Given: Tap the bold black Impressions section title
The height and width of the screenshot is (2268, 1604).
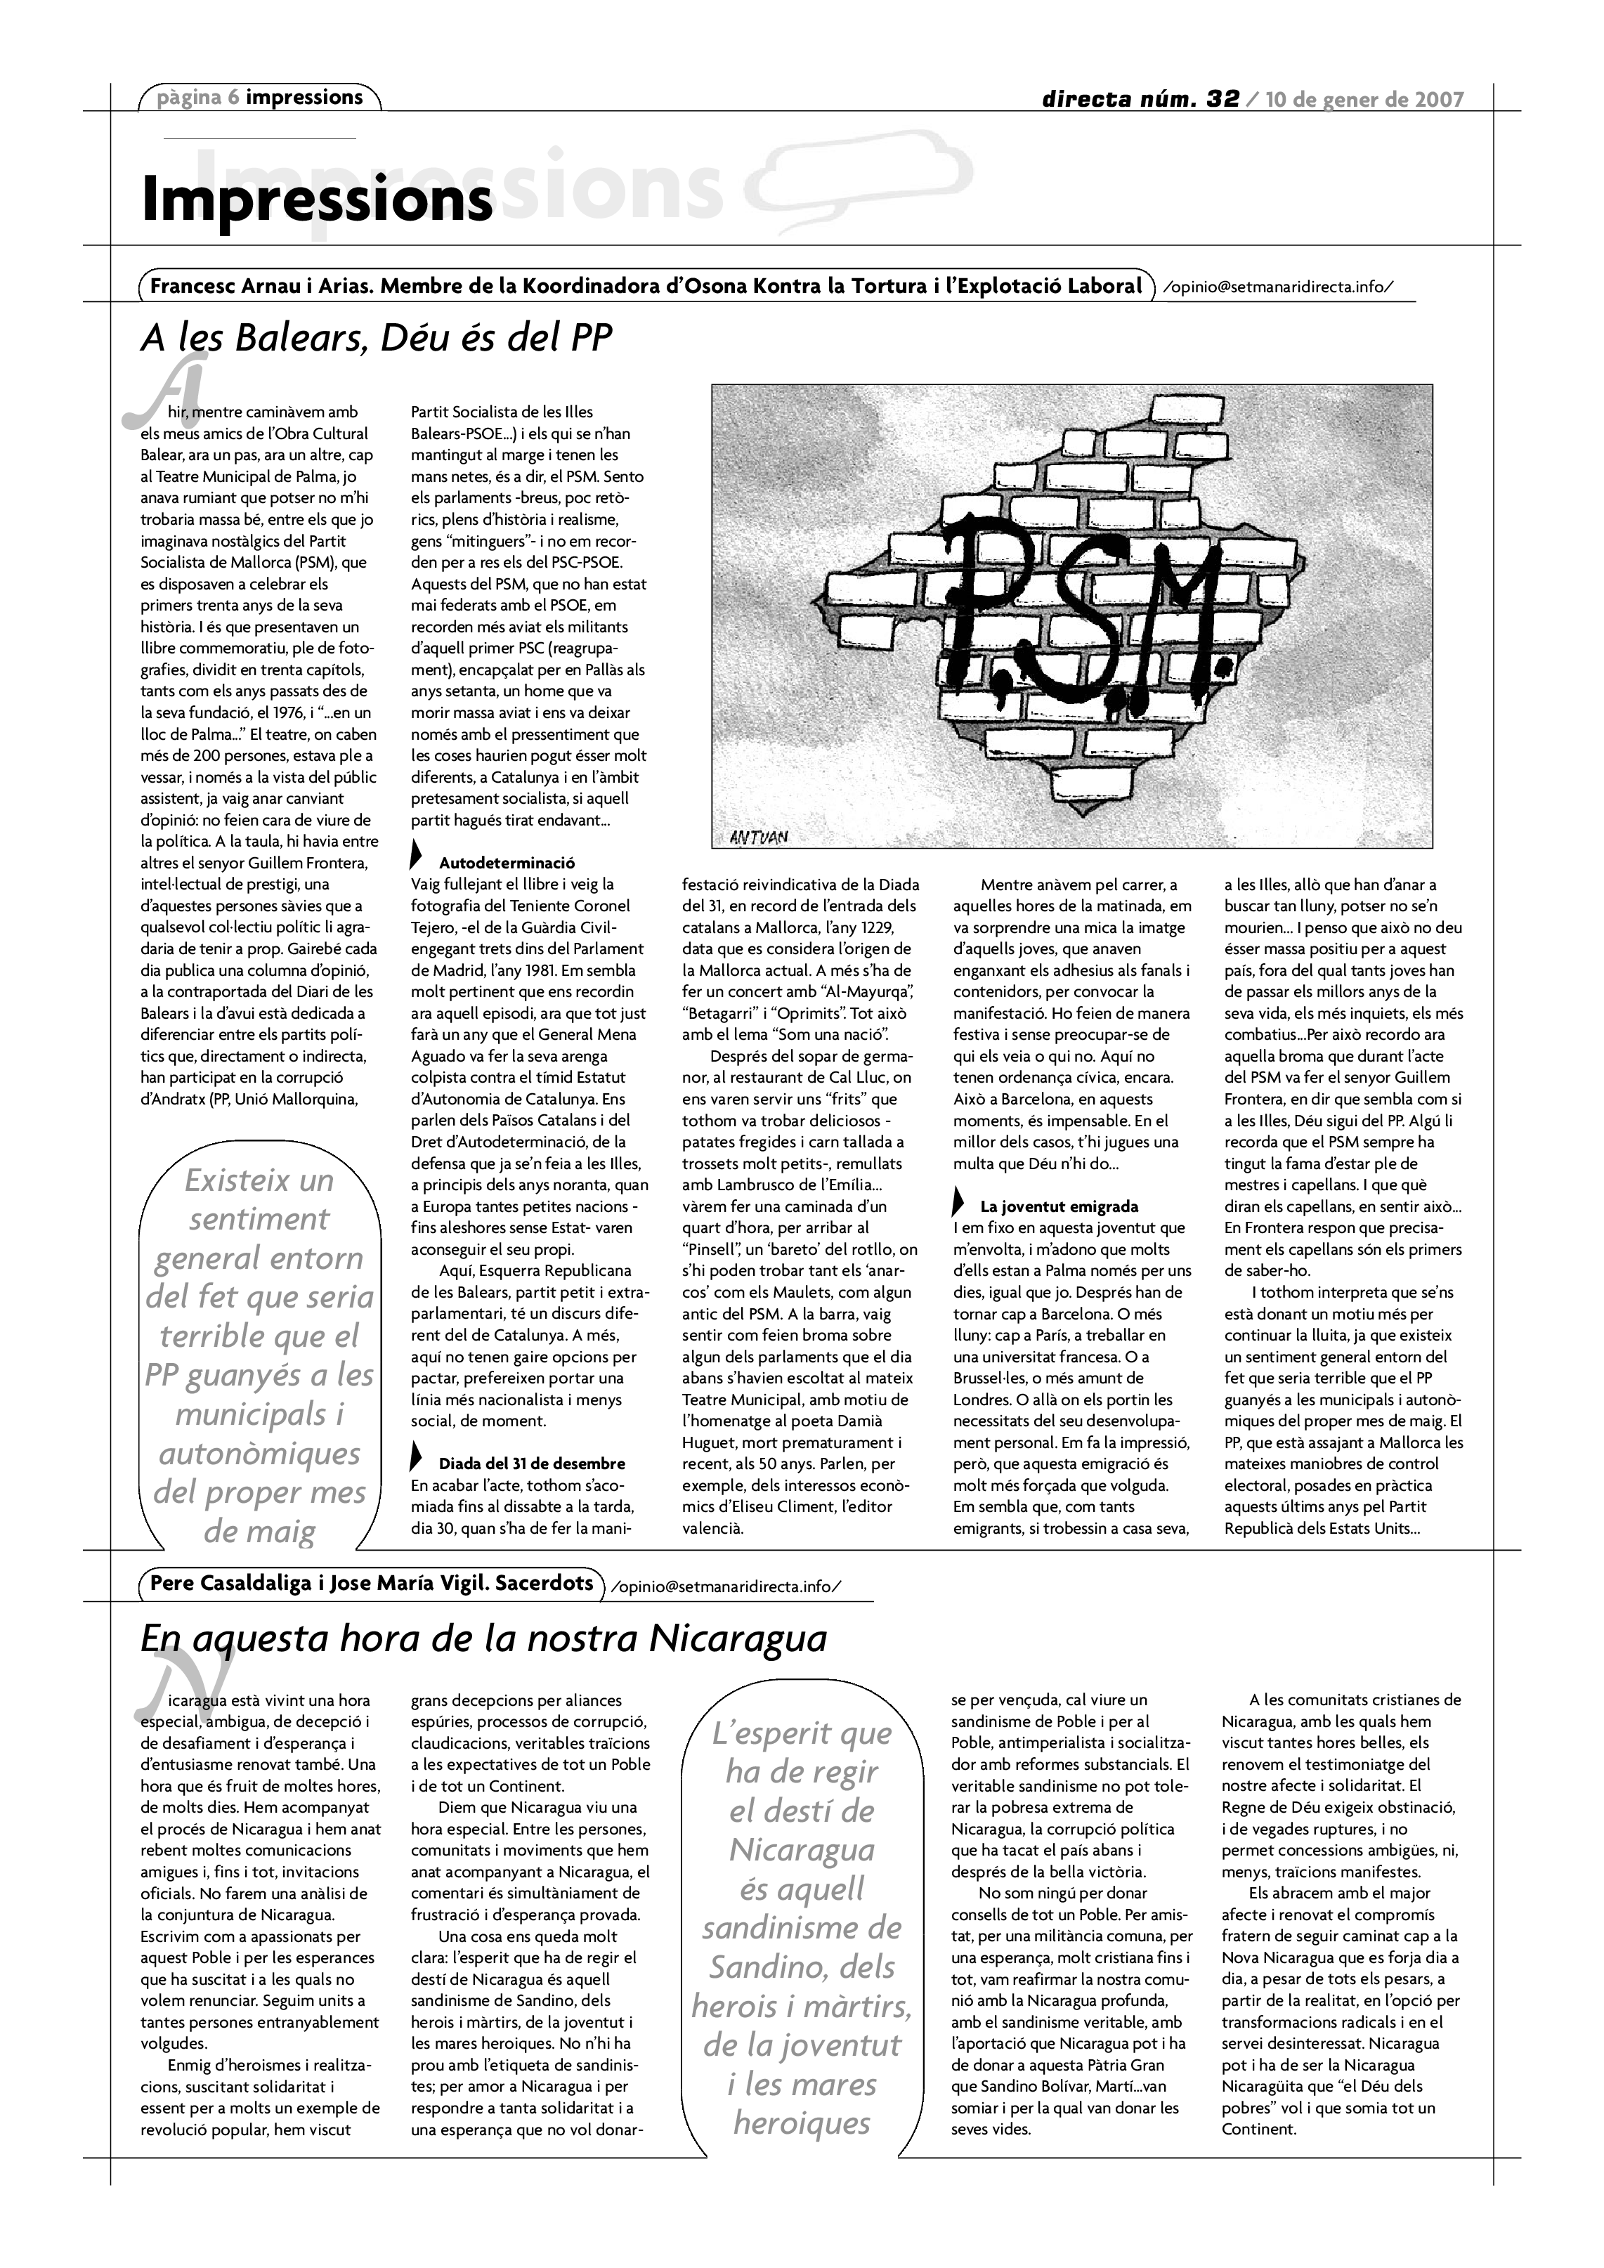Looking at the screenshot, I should [316, 199].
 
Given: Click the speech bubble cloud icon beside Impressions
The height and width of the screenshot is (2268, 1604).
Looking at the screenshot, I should [857, 176].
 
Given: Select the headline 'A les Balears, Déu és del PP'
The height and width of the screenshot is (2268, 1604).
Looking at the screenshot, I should [377, 339].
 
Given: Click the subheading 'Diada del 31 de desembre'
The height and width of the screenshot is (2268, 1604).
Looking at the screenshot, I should [531, 1463].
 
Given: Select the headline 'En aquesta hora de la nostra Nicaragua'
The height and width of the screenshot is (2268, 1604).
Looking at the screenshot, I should [483, 1638].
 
